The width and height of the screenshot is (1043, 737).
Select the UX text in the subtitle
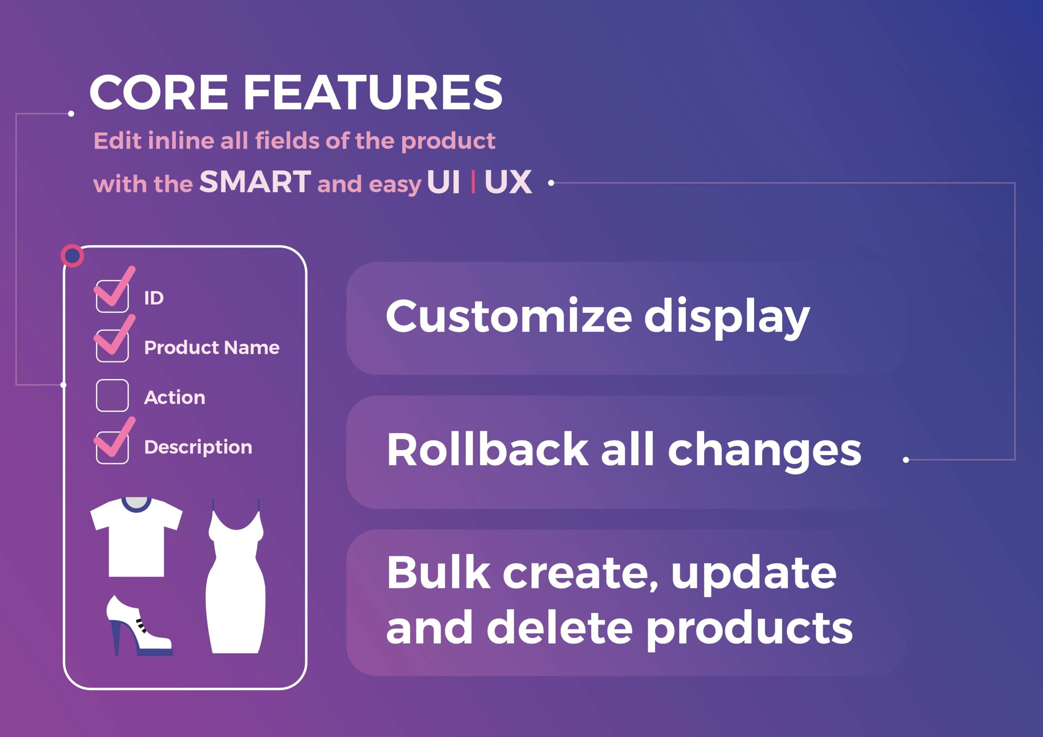point(508,182)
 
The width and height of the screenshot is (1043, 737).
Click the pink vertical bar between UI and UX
point(473,182)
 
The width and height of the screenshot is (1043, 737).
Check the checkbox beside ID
point(112,296)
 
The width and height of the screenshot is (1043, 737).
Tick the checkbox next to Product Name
point(112,346)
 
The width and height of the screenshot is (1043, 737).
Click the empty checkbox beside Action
point(112,395)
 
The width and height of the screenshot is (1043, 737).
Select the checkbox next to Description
point(112,448)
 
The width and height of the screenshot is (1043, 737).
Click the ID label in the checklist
point(154,298)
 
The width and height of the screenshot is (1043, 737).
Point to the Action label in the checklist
point(174,397)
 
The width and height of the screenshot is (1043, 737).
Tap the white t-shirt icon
point(136,537)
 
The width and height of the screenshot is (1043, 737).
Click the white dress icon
point(235,577)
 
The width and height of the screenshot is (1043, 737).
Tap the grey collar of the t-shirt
point(136,503)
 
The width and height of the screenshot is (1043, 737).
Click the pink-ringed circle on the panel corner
point(72,256)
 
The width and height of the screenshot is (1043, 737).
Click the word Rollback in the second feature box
point(487,449)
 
